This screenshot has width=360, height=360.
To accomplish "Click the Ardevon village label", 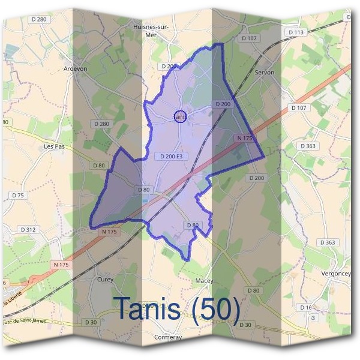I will click(75, 69).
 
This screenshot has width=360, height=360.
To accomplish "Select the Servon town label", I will click(265, 72).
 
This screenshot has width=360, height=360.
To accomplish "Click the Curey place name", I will click(105, 279).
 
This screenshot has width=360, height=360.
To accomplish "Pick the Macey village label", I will click(205, 281).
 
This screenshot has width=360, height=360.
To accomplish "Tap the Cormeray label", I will click(167, 337).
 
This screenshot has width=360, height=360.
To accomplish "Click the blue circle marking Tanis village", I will click(180, 116).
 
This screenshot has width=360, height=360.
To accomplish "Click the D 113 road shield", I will click(296, 32).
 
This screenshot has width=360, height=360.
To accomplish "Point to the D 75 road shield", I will click(18, 196).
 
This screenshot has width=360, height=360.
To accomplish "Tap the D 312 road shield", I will click(28, 229).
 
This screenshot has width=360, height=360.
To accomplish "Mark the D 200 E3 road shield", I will click(171, 157).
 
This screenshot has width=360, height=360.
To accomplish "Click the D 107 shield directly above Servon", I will click(251, 38).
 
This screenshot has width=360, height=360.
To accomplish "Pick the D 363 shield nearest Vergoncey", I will click(328, 242).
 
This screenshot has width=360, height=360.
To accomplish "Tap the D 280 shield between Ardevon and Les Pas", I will click(101, 124).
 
